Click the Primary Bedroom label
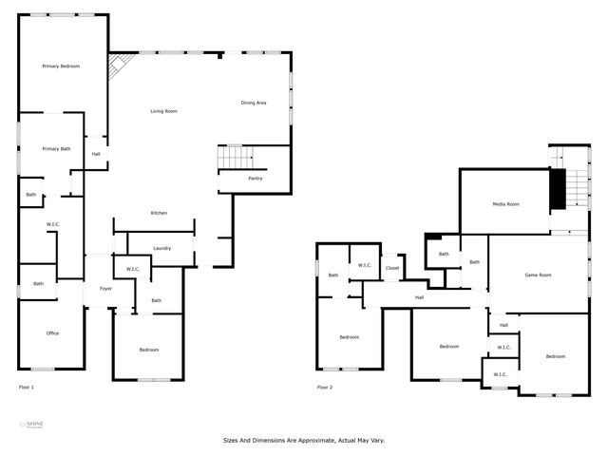point(61,66)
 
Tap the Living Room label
point(163,111)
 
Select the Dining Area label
point(253,103)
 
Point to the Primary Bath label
point(56,149)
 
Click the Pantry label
point(255,178)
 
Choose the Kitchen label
point(159,213)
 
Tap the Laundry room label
point(161,249)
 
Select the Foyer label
point(105,289)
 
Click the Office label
point(53,333)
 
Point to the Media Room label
point(505,204)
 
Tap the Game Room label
point(539,275)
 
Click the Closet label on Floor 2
point(392,269)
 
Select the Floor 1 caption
point(27,388)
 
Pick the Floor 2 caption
point(325,388)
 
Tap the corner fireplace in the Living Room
point(118,66)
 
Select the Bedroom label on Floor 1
point(149,351)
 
